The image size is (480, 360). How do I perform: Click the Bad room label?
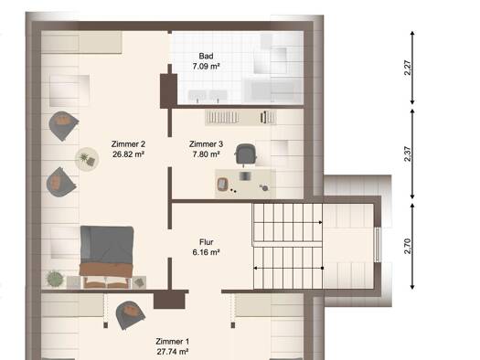coord(206,56)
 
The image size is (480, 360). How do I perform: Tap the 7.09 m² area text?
coord(206,66)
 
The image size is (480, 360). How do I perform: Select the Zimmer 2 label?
coord(128,143)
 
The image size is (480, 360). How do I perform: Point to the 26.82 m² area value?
coord(128,154)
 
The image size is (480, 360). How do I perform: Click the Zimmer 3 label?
coord(206,143)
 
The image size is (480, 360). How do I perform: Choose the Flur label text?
coord(206,242)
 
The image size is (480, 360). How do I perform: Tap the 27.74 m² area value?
coord(173,352)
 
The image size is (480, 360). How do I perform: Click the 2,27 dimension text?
coord(408,68)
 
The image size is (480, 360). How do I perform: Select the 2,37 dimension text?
coord(408,154)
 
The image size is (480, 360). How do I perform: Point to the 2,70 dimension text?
coord(408,246)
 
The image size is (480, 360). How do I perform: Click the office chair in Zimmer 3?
coord(245,154)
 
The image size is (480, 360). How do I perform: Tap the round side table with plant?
coord(87,159)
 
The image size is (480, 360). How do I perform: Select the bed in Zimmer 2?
coord(107,257)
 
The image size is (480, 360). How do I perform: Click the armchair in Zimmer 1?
coord(130,314)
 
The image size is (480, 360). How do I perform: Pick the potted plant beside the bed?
coord(55,279)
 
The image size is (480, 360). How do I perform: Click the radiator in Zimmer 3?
coord(240,117)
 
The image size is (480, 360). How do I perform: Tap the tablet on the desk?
coord(221,185)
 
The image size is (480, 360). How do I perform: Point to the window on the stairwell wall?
coord(378,245)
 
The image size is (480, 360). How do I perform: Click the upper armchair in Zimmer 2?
coord(63,126)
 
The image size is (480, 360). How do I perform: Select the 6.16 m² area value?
coord(206,252)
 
